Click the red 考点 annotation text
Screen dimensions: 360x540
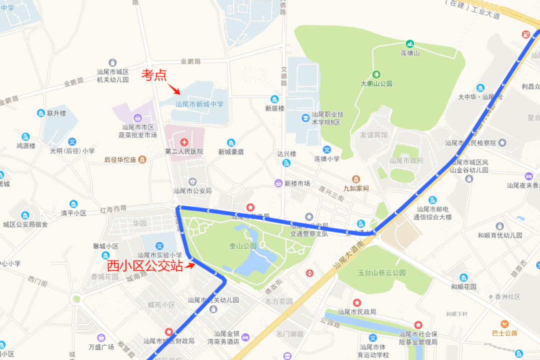153,75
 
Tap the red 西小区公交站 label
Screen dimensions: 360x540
145,265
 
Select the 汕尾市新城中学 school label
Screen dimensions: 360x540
199,104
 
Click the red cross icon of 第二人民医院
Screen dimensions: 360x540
184,142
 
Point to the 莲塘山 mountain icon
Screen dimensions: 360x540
410,44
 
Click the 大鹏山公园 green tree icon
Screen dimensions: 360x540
376,74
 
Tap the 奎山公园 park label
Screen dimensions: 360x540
243,246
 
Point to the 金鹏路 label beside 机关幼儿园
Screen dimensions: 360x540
190,61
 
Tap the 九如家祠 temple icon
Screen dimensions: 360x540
355,179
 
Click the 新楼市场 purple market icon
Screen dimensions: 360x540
278,183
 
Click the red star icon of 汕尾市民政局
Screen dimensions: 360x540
357,302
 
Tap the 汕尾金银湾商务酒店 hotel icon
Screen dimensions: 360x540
245,337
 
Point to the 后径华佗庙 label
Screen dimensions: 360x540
120,160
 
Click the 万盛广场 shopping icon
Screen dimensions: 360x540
101,337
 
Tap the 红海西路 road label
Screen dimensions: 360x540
113,208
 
